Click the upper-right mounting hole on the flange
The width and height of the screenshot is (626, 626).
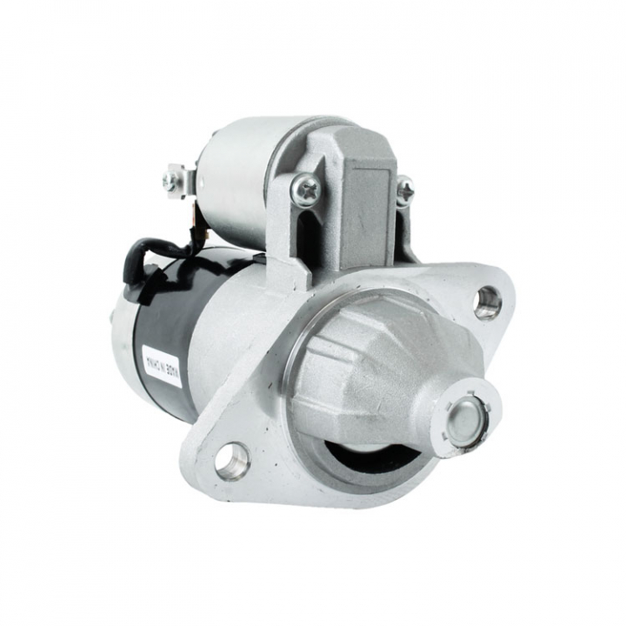coord(488,302)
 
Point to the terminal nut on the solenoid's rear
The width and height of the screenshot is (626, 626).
coord(170,181)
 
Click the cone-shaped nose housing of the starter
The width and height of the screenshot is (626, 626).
coord(383,374)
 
